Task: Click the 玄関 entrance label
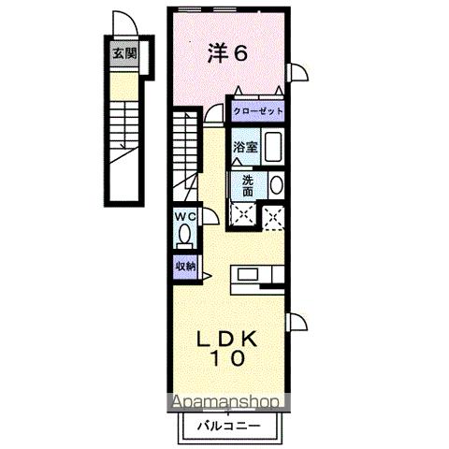[124, 53]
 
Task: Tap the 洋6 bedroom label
[228, 53]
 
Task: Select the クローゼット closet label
[258, 111]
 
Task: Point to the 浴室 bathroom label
[246, 147]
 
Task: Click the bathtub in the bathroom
[273, 147]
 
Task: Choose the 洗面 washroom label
[248, 186]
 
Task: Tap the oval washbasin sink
[276, 185]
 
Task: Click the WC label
[185, 216]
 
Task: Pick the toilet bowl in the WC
[184, 234]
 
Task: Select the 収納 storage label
[185, 266]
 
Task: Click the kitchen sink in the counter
[248, 274]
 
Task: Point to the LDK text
[227, 339]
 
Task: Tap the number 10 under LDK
[228, 358]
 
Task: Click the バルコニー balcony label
[228, 426]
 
